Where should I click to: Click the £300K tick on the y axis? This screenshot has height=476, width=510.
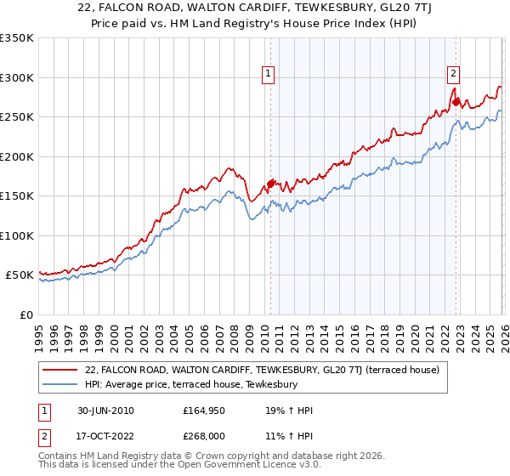[17, 77]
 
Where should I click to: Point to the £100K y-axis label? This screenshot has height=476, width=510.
[17, 235]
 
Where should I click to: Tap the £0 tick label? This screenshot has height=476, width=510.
[24, 314]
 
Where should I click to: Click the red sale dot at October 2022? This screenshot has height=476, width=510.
[456, 102]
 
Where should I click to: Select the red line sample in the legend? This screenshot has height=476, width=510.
[61, 370]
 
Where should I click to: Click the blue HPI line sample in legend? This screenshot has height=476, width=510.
[61, 384]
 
